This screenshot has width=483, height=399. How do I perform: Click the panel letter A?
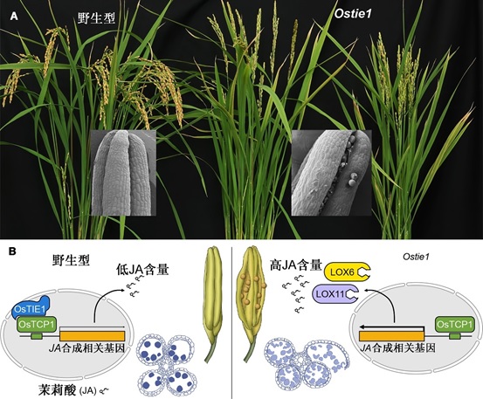pyautogui.click(x=14, y=17)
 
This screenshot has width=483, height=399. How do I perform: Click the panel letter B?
pyautogui.click(x=12, y=251)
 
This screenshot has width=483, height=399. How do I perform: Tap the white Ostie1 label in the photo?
pyautogui.click(x=353, y=13)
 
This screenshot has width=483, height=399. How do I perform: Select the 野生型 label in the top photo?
pyautogui.click(x=96, y=19)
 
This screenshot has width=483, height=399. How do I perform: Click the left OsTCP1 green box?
pyautogui.click(x=37, y=324)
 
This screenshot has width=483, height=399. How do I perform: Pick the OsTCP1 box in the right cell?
pyautogui.click(x=454, y=324)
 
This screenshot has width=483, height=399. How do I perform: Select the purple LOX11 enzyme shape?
pyautogui.click(x=335, y=293)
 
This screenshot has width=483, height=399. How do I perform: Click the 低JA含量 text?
pyautogui.click(x=142, y=270)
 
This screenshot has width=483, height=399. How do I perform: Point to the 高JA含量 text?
pyautogui.click(x=296, y=265)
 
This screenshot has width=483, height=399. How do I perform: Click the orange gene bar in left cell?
pyautogui.click(x=93, y=336)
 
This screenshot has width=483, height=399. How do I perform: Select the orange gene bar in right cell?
pyautogui.click(x=391, y=336)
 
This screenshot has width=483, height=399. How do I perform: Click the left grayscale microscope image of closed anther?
pyautogui.click(x=123, y=172)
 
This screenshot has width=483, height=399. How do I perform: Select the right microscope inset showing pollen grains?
pyautogui.click(x=331, y=172)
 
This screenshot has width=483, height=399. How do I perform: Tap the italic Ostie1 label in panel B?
pyautogui.click(x=416, y=257)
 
